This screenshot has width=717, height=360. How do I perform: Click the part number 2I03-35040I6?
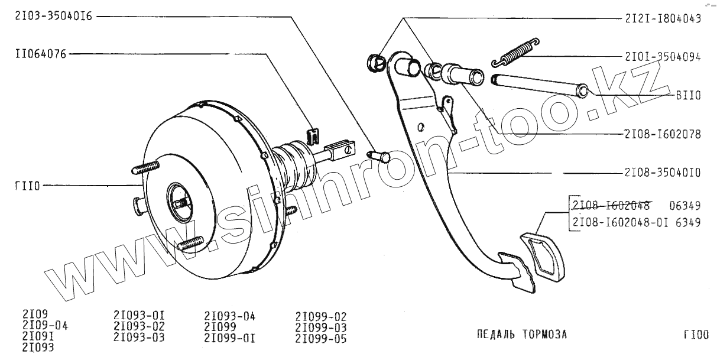[54, 17]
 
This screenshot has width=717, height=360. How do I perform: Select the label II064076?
[41, 54]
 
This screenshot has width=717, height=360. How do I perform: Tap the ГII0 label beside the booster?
[27, 186]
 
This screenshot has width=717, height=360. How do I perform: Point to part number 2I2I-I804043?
[662, 18]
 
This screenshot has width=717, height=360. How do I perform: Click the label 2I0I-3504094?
[662, 57]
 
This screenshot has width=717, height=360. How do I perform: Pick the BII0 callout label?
[688, 95]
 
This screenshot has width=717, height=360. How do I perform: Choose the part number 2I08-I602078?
[662, 134]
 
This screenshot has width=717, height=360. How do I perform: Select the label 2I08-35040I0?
[662, 173]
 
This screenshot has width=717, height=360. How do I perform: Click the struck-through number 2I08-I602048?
[611, 206]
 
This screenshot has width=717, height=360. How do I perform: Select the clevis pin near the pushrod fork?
[379, 155]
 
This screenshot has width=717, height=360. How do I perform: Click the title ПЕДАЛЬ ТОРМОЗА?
[521, 335]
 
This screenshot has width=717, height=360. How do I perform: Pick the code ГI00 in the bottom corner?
[696, 335]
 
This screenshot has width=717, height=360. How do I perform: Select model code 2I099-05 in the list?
[320, 339]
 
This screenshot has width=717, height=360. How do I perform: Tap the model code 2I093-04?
[229, 316]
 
